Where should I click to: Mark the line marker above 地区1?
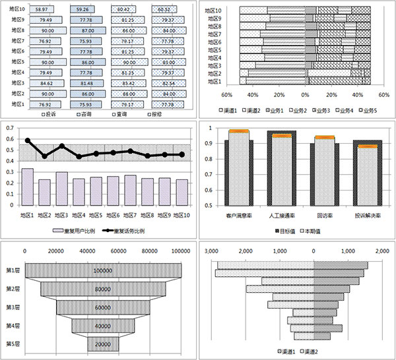(28, 140)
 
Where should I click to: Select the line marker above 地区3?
(62, 146)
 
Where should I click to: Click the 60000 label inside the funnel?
(102, 307)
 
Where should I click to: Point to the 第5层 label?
(13, 344)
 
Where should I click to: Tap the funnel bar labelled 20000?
(102, 344)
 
